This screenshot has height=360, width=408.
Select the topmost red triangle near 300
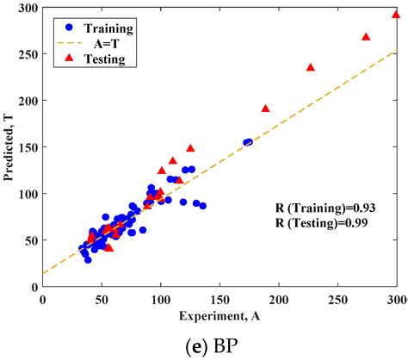tap(396, 15)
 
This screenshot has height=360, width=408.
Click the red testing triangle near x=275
tap(366, 37)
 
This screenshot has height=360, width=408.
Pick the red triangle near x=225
tap(311, 67)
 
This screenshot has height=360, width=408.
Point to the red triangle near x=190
tap(265, 109)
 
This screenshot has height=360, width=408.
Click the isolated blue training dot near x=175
tap(248, 142)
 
